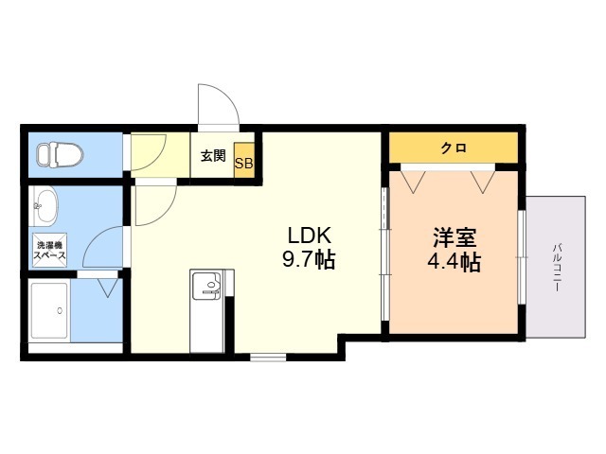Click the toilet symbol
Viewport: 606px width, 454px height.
click(60, 153)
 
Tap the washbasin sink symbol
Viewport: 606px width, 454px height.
click(45, 204)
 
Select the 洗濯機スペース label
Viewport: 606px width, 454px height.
click(49, 251)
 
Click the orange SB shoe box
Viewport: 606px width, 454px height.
click(243, 162)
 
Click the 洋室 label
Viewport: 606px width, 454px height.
click(453, 236)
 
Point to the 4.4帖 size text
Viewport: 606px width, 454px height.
click(453, 262)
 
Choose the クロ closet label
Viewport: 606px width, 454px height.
click(453, 148)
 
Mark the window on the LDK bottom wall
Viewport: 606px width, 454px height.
click(268, 357)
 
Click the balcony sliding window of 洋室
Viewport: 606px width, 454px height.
click(522, 256)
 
